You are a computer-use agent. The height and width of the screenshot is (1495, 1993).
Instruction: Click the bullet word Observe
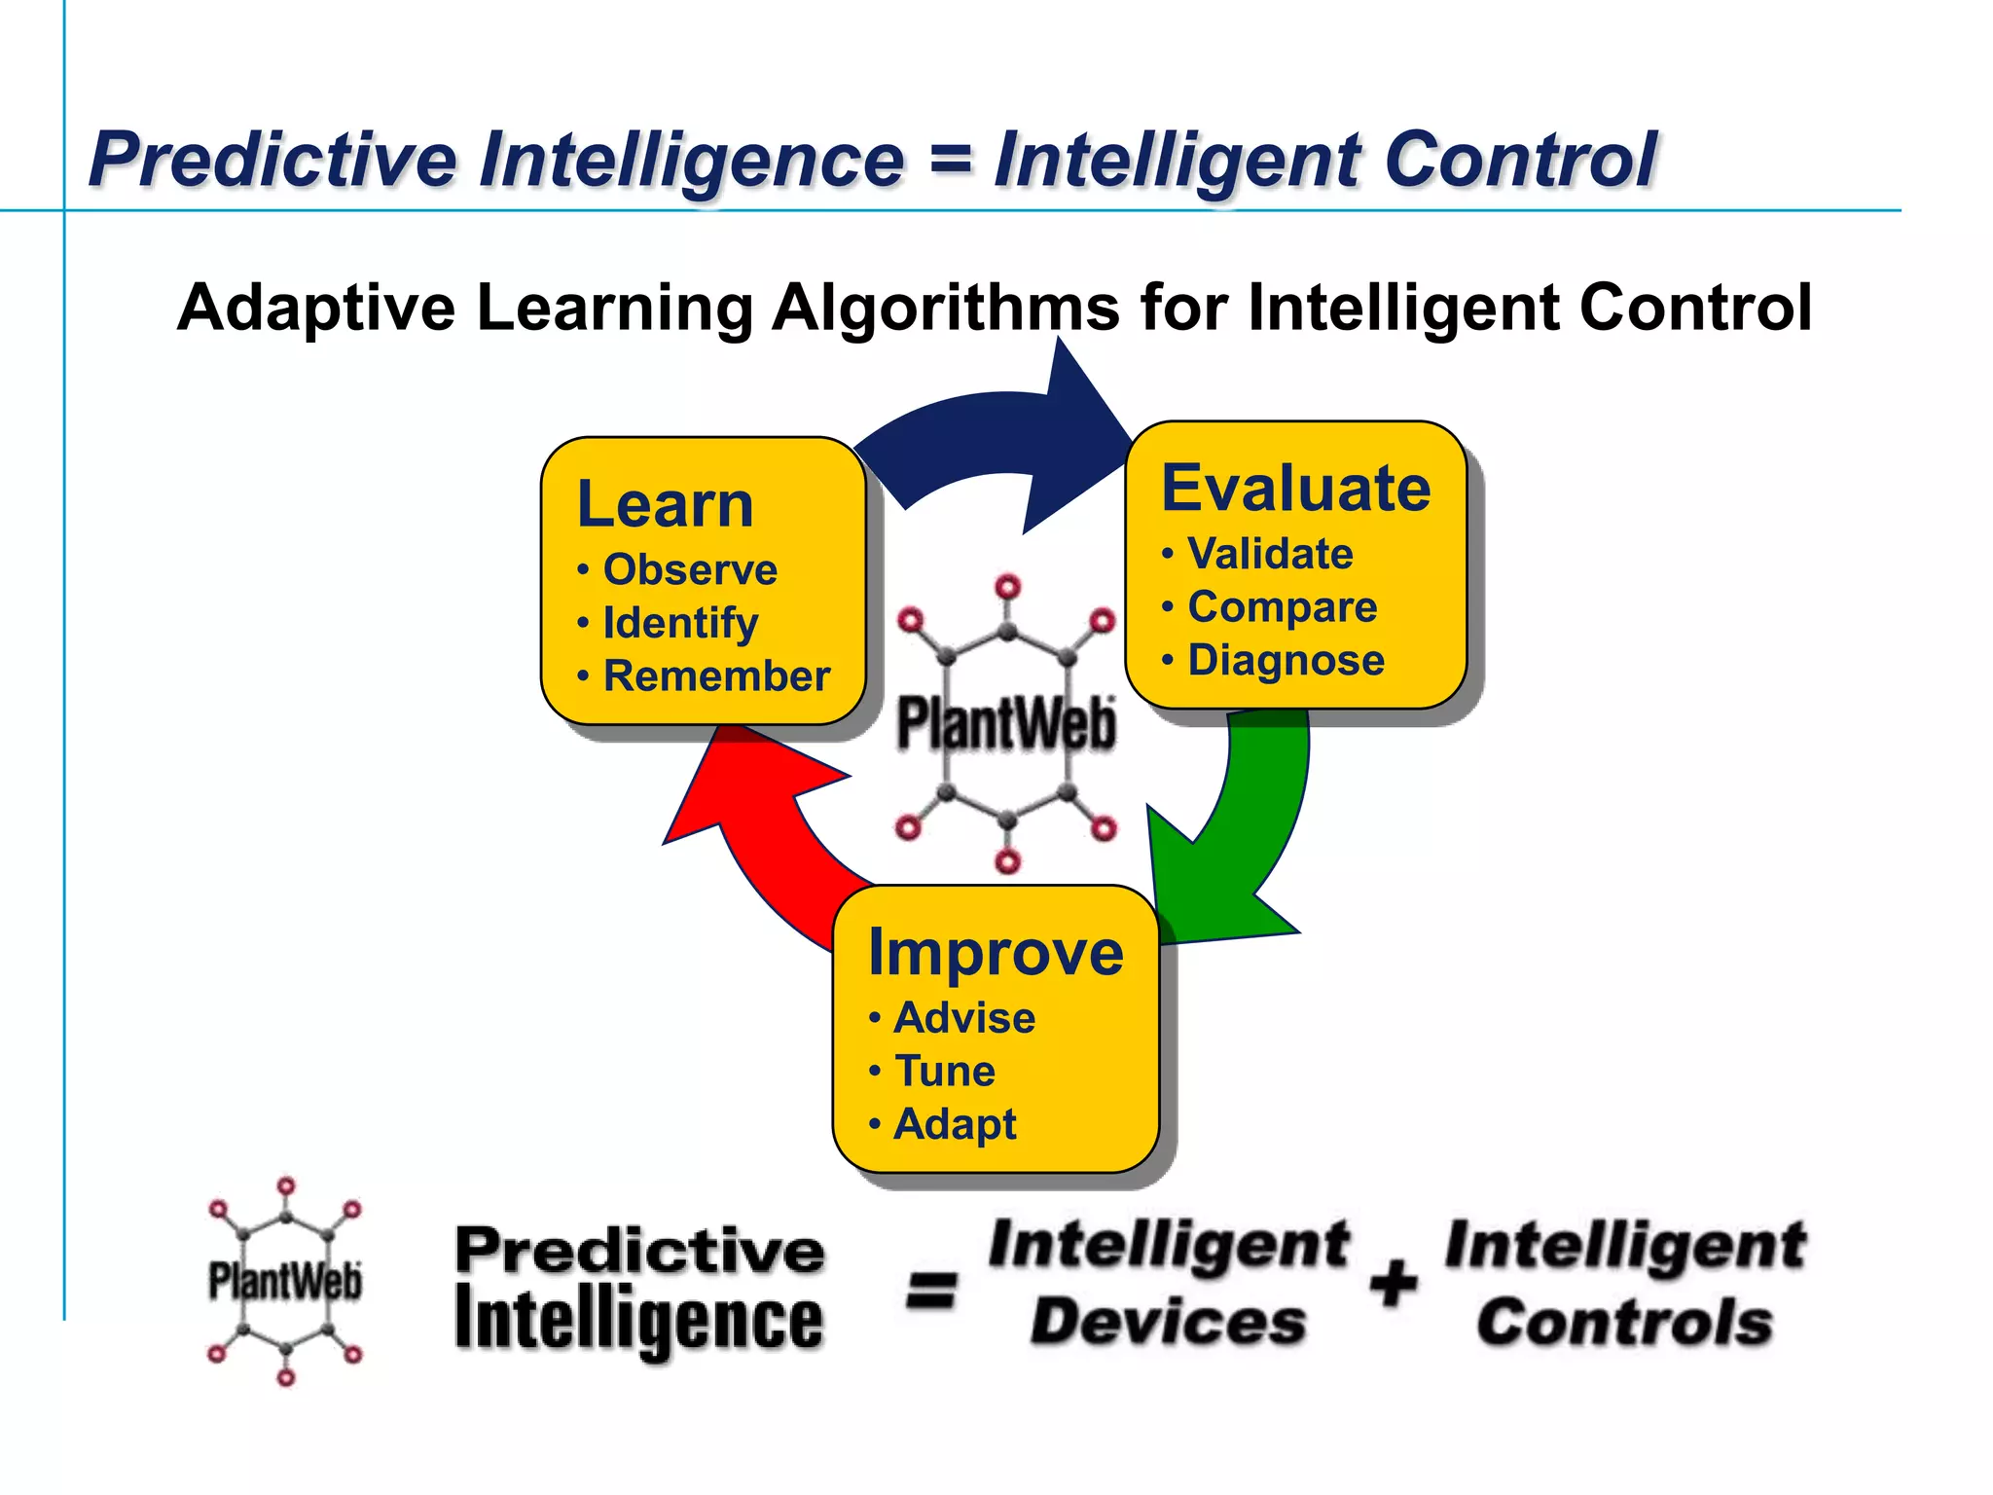tap(690, 569)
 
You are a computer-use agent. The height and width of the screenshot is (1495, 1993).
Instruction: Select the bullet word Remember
tap(716, 675)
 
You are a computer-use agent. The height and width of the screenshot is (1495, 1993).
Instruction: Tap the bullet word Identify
tap(680, 623)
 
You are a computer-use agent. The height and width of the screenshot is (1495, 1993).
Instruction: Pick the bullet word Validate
tap(1270, 554)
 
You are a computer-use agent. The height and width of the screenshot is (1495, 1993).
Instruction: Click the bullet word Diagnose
tap(1286, 660)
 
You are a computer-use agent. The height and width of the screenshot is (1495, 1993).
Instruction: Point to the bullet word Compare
tap(1282, 607)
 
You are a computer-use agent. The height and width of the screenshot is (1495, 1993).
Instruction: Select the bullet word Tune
tap(945, 1071)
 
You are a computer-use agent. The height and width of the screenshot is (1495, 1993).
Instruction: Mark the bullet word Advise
tap(964, 1018)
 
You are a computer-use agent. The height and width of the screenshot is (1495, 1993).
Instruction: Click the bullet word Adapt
tap(955, 1124)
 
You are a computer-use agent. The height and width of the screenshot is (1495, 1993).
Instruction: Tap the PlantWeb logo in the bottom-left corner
tap(285, 1281)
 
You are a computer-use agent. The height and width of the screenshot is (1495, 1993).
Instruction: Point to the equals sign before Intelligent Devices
tap(931, 1291)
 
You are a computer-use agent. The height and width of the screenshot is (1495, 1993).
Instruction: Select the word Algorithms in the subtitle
tap(945, 308)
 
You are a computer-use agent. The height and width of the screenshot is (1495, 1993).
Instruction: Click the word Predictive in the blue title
tap(272, 160)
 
